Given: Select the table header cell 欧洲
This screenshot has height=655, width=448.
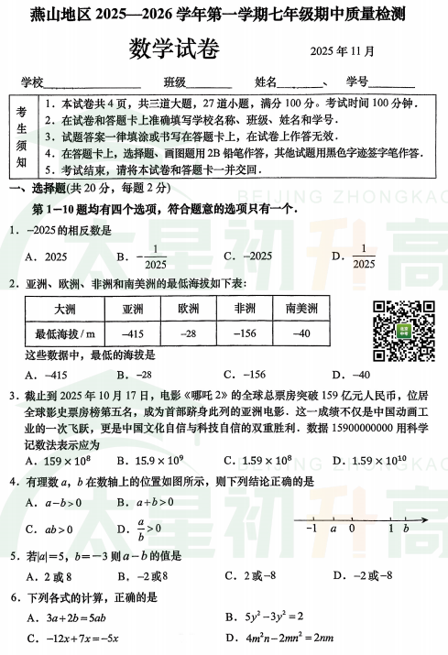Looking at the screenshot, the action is (188, 309).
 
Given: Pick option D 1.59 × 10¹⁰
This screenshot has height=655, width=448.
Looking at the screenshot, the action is (370, 460).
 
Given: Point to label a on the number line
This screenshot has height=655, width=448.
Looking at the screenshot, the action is (333, 529).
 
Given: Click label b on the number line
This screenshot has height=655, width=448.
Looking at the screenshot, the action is (404, 529).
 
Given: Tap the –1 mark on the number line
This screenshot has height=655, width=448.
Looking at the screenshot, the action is (311, 529).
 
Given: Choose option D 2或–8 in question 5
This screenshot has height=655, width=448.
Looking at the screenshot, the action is (370, 575).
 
